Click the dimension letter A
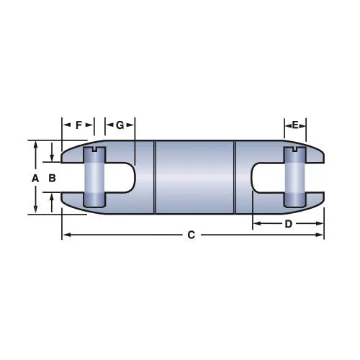[x=35, y=179]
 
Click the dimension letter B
[x=52, y=178]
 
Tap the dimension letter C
[x=191, y=235]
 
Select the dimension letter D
[x=288, y=224]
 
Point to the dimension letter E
[x=295, y=125]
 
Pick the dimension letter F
[x=78, y=125]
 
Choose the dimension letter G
[x=120, y=125]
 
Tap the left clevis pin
[x=94, y=177]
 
